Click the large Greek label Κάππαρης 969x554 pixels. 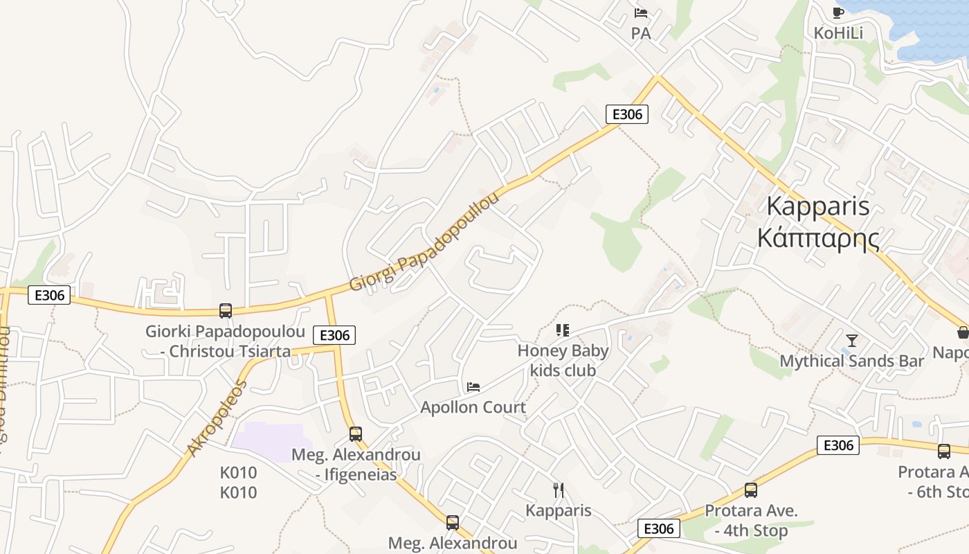pos(818,238)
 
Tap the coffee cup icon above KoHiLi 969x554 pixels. pos(837,12)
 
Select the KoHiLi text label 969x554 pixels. pos(838,33)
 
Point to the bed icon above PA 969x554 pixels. pos(641,12)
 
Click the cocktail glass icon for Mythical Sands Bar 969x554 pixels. pos(852,340)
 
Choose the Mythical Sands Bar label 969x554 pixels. pos(851,361)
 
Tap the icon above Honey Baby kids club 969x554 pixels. pos(562,330)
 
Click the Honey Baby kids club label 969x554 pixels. pos(563,361)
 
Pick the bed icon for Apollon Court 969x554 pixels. pos(473,386)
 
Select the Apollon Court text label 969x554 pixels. pos(473,407)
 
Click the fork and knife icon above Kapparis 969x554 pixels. pos(559,490)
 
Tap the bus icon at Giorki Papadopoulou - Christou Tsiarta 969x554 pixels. pos(226,311)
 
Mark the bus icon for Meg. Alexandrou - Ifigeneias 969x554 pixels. pos(356,434)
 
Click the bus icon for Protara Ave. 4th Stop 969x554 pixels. pos(751,490)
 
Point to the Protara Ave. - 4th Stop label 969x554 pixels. pos(751,521)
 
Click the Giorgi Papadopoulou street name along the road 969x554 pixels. pos(424,242)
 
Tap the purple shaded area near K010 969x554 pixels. pos(266,441)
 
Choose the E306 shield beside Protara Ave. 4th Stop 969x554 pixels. pos(658,529)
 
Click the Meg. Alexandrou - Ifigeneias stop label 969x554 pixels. pos(356,465)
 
